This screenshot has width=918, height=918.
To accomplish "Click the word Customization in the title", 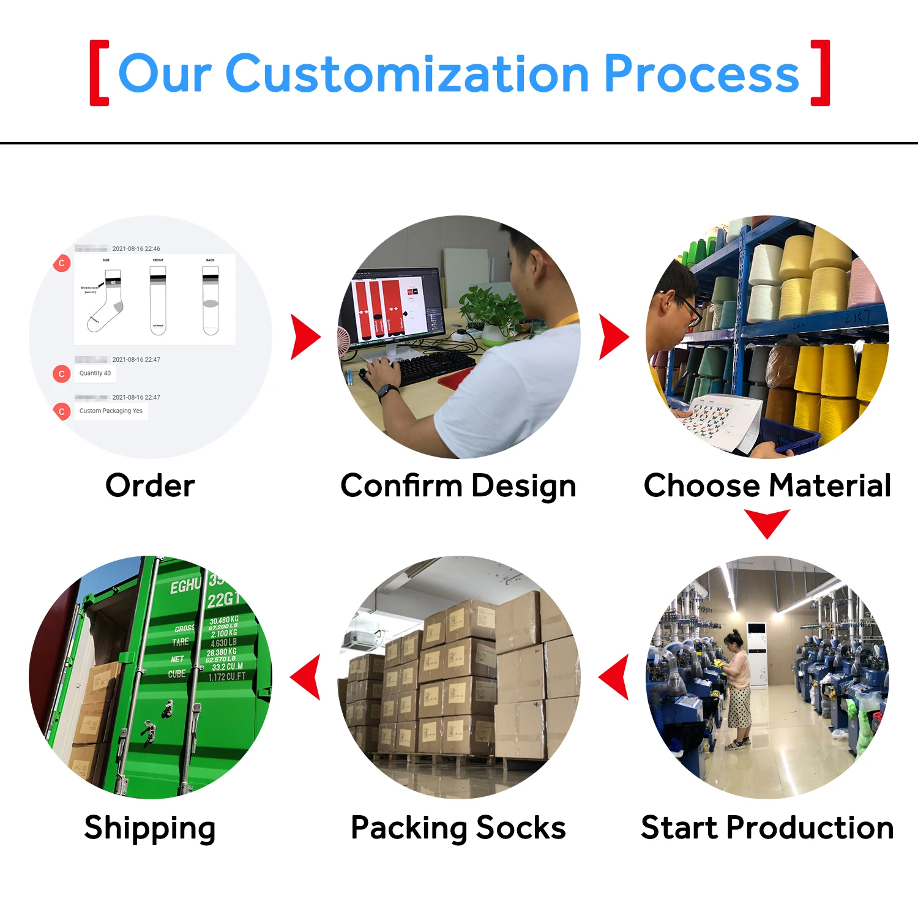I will click(407, 74).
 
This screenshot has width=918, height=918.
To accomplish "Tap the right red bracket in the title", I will click(821, 73).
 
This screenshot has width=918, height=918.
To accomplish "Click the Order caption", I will click(150, 486).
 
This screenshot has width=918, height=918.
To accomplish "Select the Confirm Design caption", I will click(458, 486).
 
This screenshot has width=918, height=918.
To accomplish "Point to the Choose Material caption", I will click(767, 486).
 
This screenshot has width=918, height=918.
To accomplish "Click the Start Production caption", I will click(767, 827).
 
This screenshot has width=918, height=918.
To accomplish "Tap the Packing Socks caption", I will click(458, 827).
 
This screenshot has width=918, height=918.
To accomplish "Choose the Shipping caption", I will click(150, 827).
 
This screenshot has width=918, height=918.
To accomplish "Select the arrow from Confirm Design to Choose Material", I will click(613, 337).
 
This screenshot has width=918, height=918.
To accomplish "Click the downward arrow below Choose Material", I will click(767, 523).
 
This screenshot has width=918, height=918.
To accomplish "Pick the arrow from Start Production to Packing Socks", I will click(614, 677).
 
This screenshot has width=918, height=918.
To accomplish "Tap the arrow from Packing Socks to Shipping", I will click(306, 677).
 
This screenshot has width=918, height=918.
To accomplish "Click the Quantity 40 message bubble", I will click(95, 373).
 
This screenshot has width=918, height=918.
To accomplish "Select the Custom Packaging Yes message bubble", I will click(111, 411).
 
